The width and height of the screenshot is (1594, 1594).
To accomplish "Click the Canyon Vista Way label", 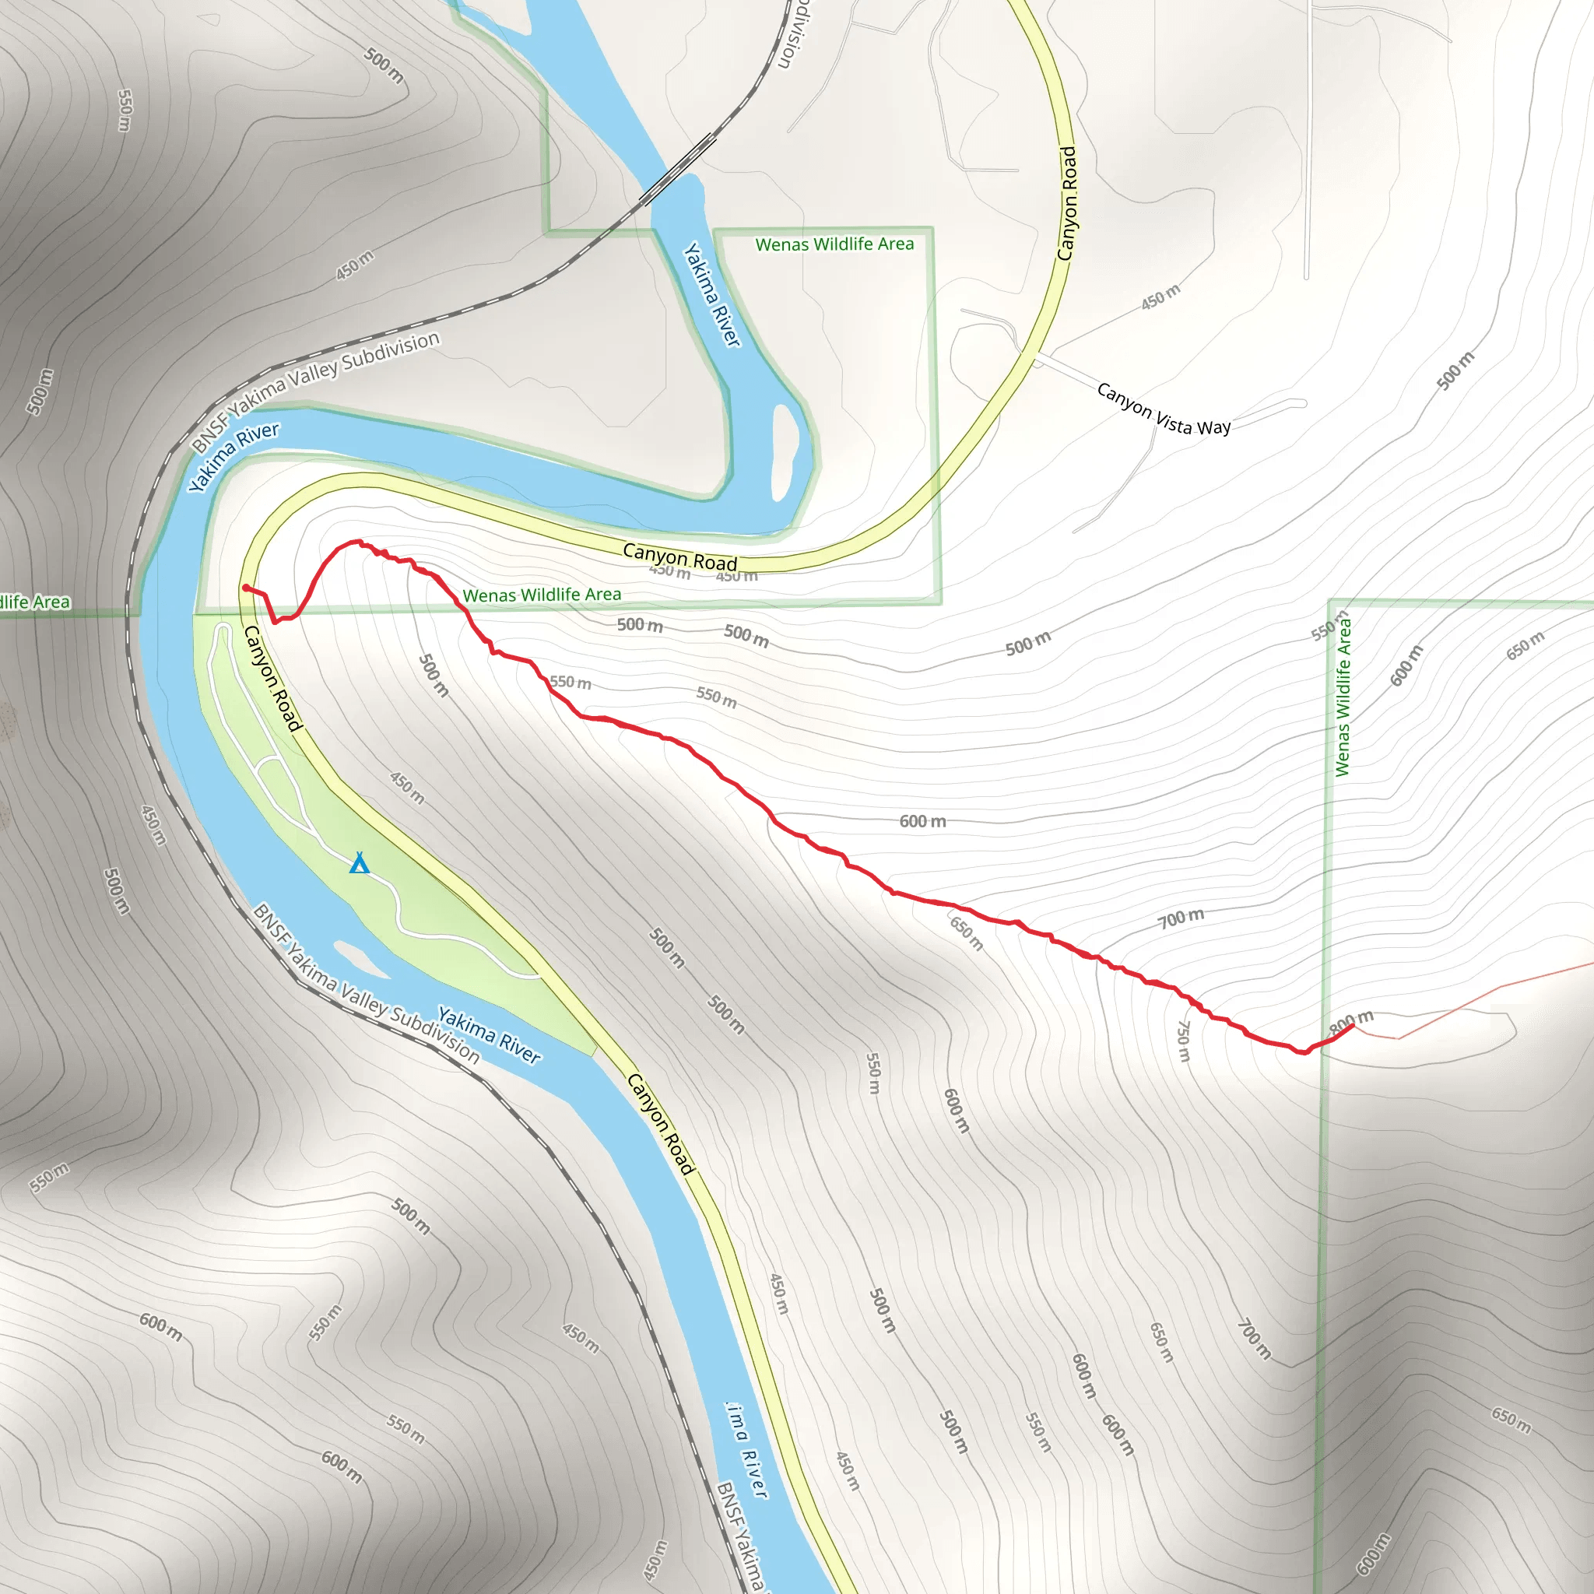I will (1164, 409).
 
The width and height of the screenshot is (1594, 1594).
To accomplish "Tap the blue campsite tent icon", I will (359, 864).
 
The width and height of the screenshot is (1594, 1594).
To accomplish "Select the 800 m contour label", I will (1350, 1021).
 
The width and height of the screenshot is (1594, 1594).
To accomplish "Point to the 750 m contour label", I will (1183, 1041).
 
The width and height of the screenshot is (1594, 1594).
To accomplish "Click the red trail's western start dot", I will (246, 588).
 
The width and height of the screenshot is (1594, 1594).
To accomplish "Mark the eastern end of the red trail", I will (1352, 1026).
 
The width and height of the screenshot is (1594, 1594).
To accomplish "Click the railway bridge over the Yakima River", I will (678, 169).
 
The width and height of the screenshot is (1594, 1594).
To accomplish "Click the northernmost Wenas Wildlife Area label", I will (834, 244).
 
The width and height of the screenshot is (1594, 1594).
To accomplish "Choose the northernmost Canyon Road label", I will (1068, 203).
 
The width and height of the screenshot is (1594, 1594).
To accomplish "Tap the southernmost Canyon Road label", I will (661, 1123).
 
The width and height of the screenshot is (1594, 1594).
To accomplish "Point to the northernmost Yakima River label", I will (712, 294).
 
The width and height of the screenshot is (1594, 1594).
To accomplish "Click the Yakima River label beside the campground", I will (490, 1034).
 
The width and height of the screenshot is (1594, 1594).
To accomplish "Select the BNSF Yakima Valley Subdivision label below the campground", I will (366, 983).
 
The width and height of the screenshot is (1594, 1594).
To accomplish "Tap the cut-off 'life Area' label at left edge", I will (35, 602).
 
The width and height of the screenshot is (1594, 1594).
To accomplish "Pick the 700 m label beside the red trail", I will (1181, 918).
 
